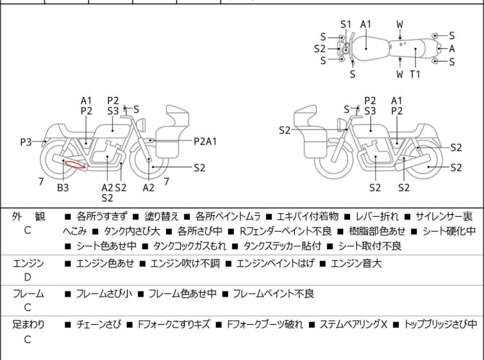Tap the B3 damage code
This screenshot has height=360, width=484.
63,188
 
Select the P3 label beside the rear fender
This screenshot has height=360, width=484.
26,141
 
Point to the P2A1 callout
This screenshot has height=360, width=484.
206,141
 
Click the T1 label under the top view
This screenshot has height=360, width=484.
415,74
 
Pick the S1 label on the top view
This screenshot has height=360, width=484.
346,24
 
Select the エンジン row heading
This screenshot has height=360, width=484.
28,263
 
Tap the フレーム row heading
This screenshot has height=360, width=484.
28,294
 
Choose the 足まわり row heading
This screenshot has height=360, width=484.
28,325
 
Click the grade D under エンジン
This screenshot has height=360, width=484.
28,277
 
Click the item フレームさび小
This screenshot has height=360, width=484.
103,294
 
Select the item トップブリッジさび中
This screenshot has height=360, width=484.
440,325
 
